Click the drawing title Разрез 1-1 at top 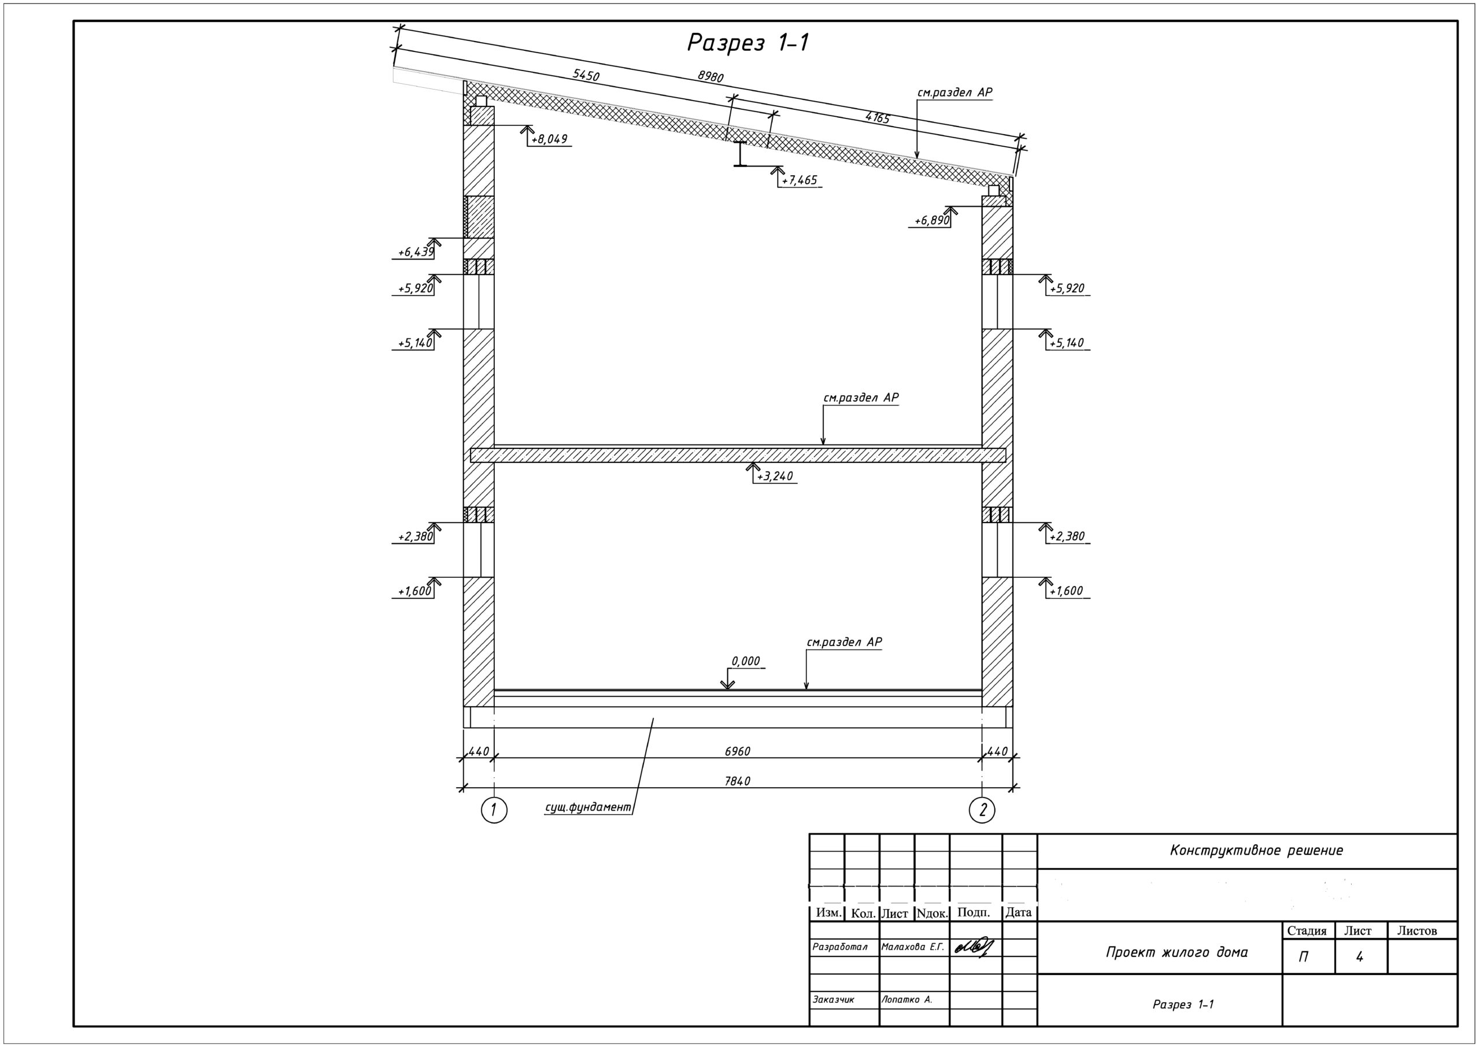[748, 43]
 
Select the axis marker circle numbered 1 [494, 810]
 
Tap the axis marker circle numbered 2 [982, 810]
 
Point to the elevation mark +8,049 [549, 139]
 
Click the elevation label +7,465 [800, 180]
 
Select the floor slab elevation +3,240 [775, 476]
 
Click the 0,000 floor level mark [746, 661]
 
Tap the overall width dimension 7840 [738, 781]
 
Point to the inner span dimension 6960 [738, 751]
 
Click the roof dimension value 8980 [711, 76]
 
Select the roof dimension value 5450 [586, 75]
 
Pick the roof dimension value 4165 [877, 117]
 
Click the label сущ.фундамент [588, 807]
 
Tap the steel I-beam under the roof [741, 154]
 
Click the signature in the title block [974, 946]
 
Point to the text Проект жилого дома [1177, 952]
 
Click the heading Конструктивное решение [1256, 850]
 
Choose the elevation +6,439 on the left [416, 252]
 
